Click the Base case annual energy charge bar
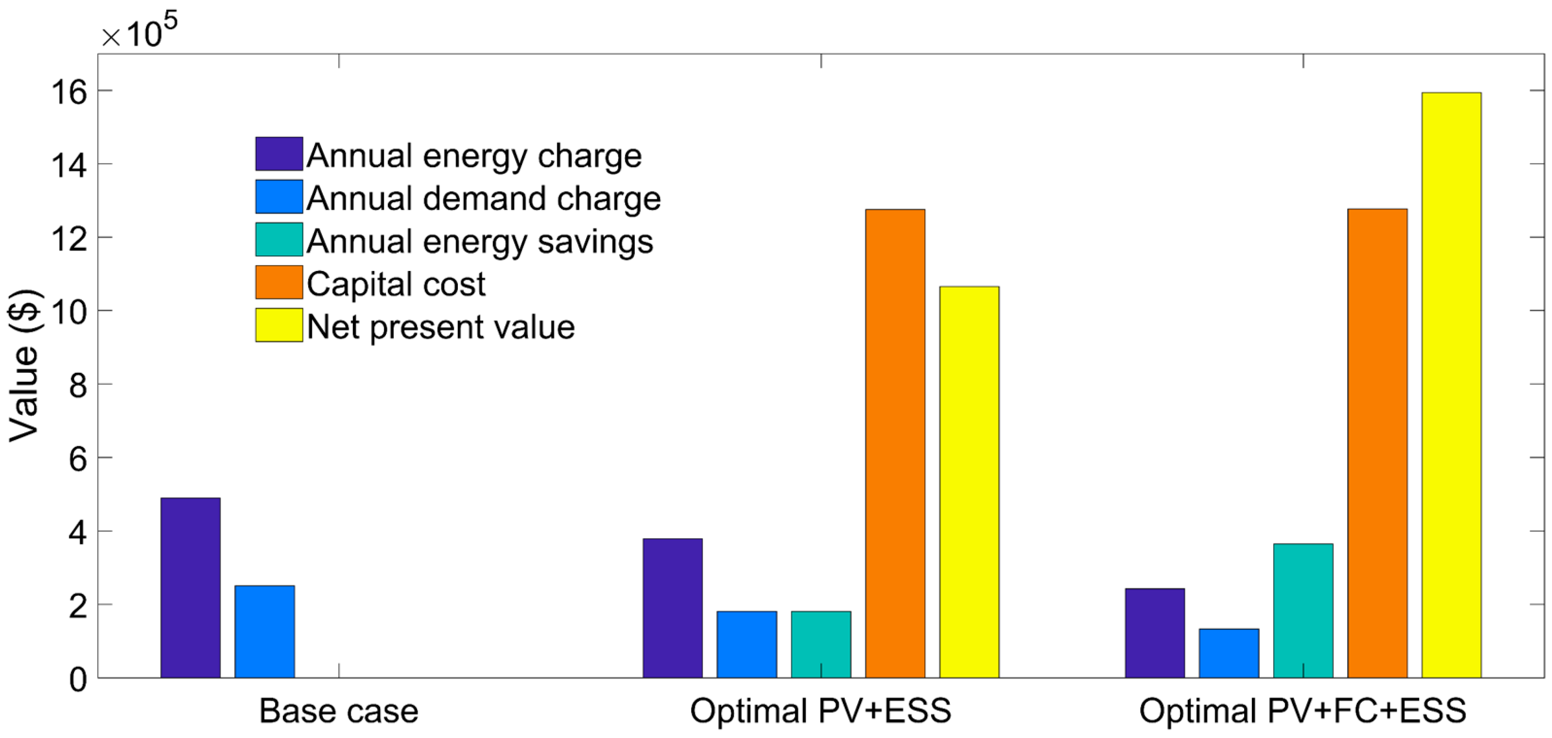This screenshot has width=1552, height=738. coord(190,588)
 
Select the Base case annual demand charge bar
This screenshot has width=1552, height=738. coord(264,631)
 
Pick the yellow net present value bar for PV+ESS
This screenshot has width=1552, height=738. coord(969,482)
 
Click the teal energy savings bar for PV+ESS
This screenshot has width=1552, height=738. coord(821,644)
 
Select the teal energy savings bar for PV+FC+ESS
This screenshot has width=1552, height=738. coord(1303,610)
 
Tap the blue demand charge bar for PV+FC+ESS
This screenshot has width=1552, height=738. coord(1229,653)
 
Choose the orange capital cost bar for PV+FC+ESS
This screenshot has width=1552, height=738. coord(1377,443)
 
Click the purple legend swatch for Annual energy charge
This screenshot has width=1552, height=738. coord(279,154)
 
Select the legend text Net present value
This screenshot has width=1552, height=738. coord(441,326)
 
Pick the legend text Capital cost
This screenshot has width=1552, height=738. coord(396,283)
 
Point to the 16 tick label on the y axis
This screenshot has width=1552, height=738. coord(69,92)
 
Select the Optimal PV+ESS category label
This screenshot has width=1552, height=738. coord(820,711)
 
